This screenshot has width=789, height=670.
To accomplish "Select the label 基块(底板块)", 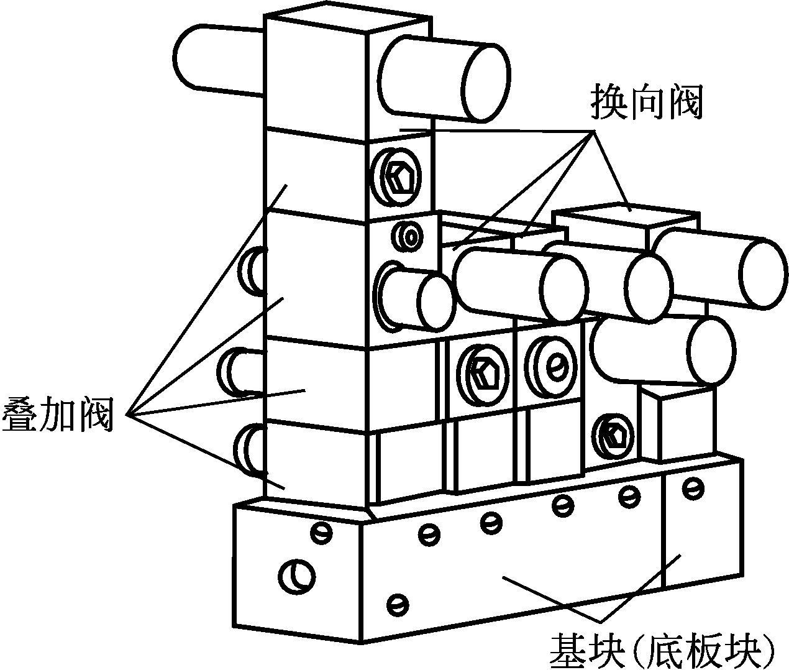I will (x=662, y=649).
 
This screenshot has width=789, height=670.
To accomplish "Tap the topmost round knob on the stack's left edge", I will (x=255, y=270).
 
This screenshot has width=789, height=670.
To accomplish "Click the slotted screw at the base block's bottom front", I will (x=397, y=602).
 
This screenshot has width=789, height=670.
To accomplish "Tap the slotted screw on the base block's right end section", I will (x=691, y=488).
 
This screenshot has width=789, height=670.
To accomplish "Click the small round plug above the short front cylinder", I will (x=409, y=236).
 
